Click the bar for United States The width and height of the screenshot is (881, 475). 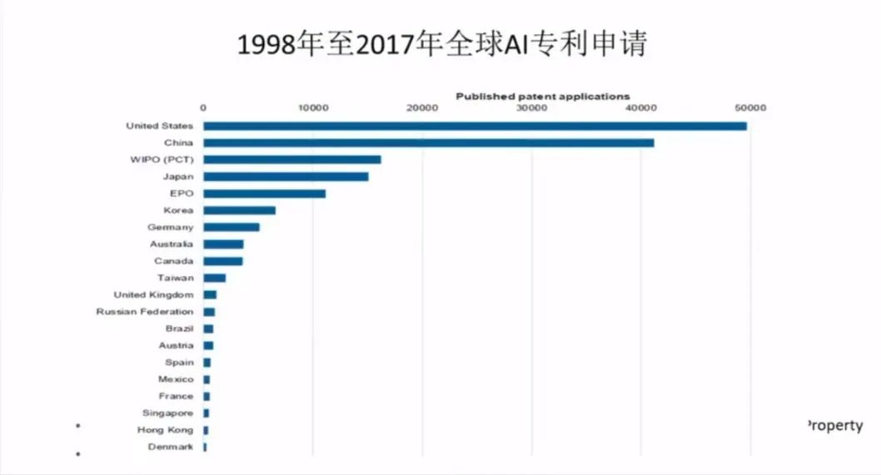(x=475, y=126)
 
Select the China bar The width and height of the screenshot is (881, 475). (x=428, y=143)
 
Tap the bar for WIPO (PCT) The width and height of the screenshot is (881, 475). (x=291, y=160)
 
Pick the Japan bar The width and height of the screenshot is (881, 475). (x=286, y=176)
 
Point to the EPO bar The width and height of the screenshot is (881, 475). (x=264, y=194)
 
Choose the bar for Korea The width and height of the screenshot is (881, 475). (x=239, y=210)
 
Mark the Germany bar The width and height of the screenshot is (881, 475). (x=231, y=227)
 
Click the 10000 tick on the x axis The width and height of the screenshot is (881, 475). (x=312, y=107)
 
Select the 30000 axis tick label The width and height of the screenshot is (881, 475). (x=531, y=107)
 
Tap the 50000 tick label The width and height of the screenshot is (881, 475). (x=749, y=107)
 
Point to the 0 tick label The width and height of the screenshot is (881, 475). (x=203, y=107)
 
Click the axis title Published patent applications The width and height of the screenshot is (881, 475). (x=542, y=96)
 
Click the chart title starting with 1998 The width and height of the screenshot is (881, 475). (x=441, y=44)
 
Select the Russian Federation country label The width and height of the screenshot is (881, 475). (x=145, y=312)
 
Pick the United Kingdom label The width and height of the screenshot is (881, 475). (x=153, y=294)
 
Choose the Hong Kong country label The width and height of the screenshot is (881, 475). (x=165, y=430)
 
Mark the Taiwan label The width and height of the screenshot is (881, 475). (x=175, y=278)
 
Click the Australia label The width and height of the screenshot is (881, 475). (x=172, y=244)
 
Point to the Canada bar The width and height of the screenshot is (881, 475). (x=222, y=261)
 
